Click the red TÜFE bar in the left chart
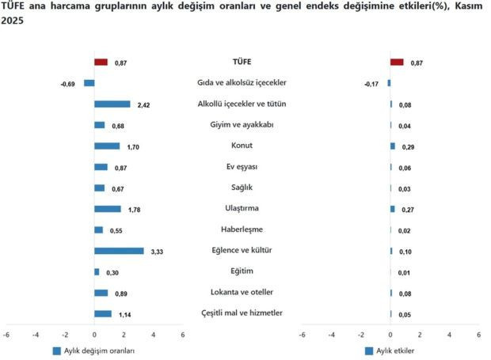101,62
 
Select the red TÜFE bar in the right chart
397,62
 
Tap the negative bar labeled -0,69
89,83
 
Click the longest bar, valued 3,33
119,251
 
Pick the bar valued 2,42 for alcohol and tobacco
112,104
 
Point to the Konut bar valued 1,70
107,146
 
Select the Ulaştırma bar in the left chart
108,209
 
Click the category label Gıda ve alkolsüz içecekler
242,82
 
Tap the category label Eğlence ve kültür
242,251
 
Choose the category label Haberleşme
242,229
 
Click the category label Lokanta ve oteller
242,293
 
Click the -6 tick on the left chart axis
6,335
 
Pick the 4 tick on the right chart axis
449,335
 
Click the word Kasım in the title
466,7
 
